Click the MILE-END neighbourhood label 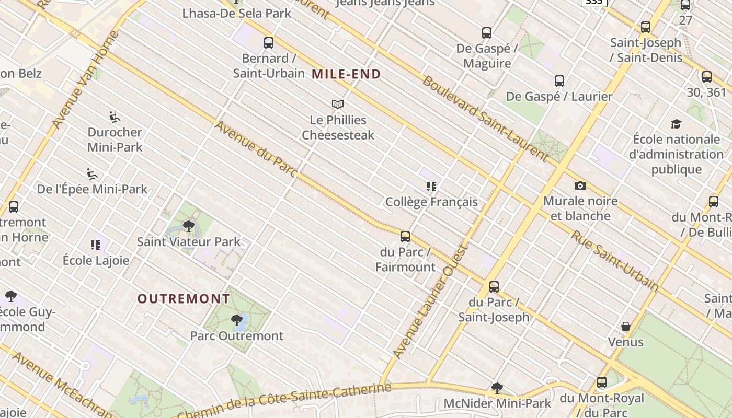click(x=346, y=74)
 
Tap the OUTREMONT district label click(x=184, y=299)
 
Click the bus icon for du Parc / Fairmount click(x=405, y=237)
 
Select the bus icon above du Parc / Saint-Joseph click(x=494, y=287)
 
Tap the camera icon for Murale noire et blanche click(x=580, y=186)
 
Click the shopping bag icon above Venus click(x=625, y=327)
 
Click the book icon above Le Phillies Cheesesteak click(x=338, y=104)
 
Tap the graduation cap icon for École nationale click(x=676, y=124)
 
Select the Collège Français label click(x=431, y=202)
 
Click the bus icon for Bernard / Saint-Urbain click(x=269, y=43)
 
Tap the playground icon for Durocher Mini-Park click(x=115, y=117)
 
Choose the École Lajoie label click(x=96, y=260)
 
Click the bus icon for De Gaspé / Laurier click(x=559, y=81)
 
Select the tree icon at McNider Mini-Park click(x=497, y=388)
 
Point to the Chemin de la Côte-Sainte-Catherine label click(x=285, y=401)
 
